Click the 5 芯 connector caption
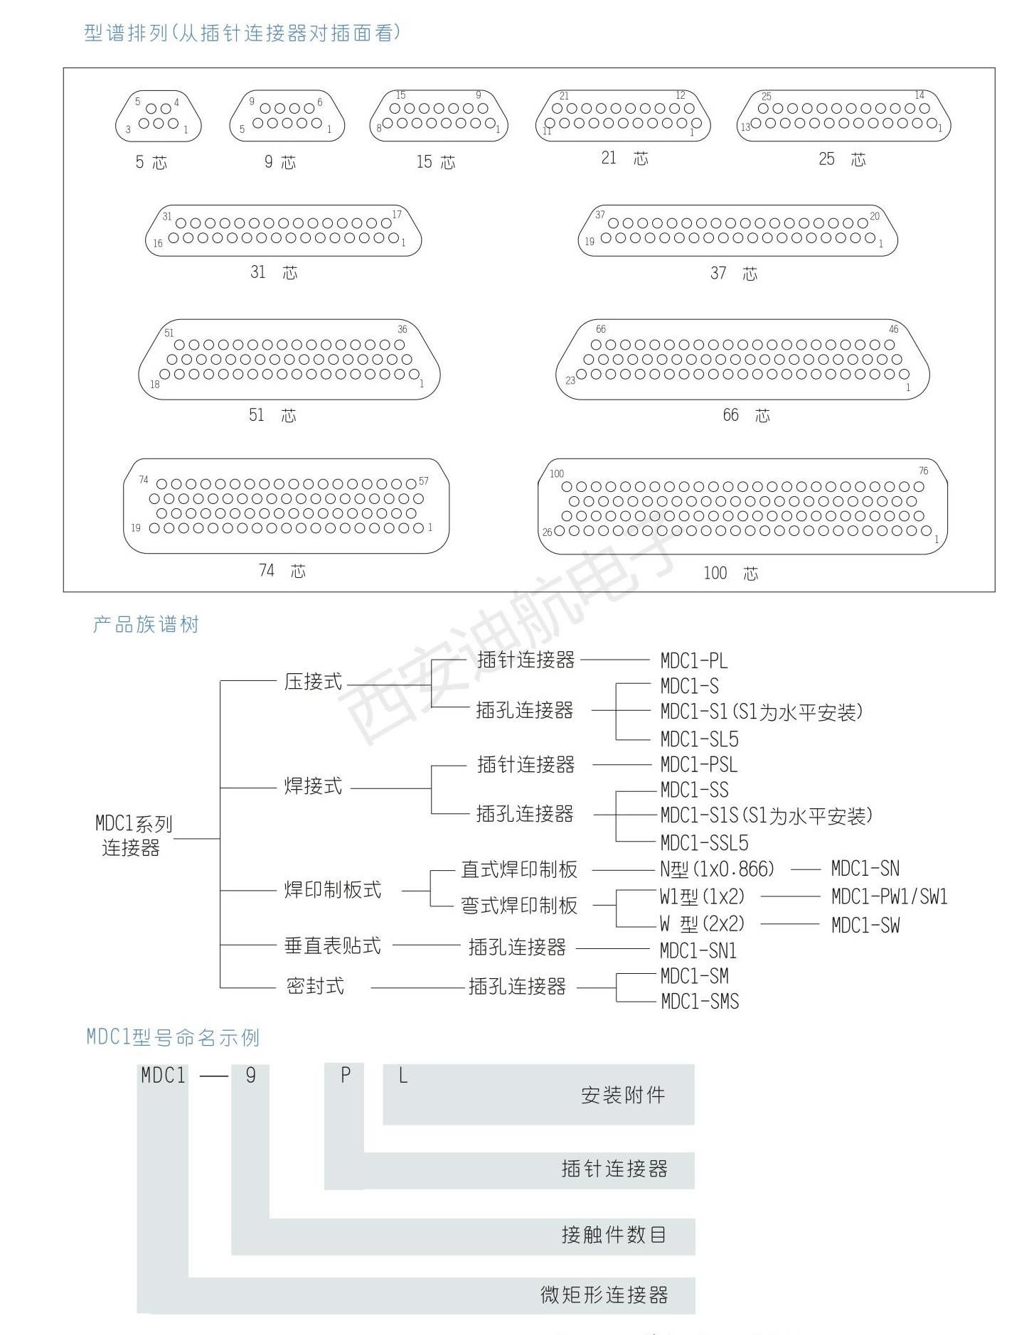151,163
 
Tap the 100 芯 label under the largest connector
731,573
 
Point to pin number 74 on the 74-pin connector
144,480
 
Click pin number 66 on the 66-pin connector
601,329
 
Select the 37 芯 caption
734,274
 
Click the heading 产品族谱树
146,625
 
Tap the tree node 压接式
313,682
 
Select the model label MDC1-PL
694,660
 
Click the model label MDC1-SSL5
704,843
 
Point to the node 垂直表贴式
333,945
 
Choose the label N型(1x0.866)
717,869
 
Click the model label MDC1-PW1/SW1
890,896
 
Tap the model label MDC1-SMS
700,1002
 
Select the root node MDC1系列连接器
134,836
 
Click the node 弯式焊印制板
519,906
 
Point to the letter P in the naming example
346,1076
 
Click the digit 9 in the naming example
250,1076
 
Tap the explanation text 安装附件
623,1095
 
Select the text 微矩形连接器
604,1294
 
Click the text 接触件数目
614,1235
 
